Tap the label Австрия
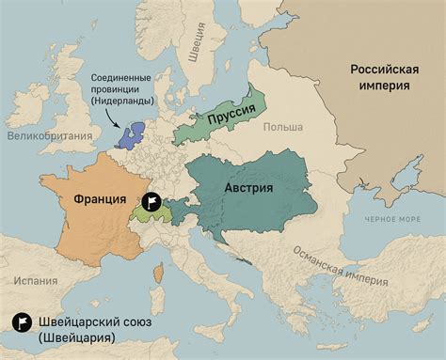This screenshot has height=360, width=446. pos(248,187)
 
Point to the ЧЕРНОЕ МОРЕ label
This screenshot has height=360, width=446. pos(392,218)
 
